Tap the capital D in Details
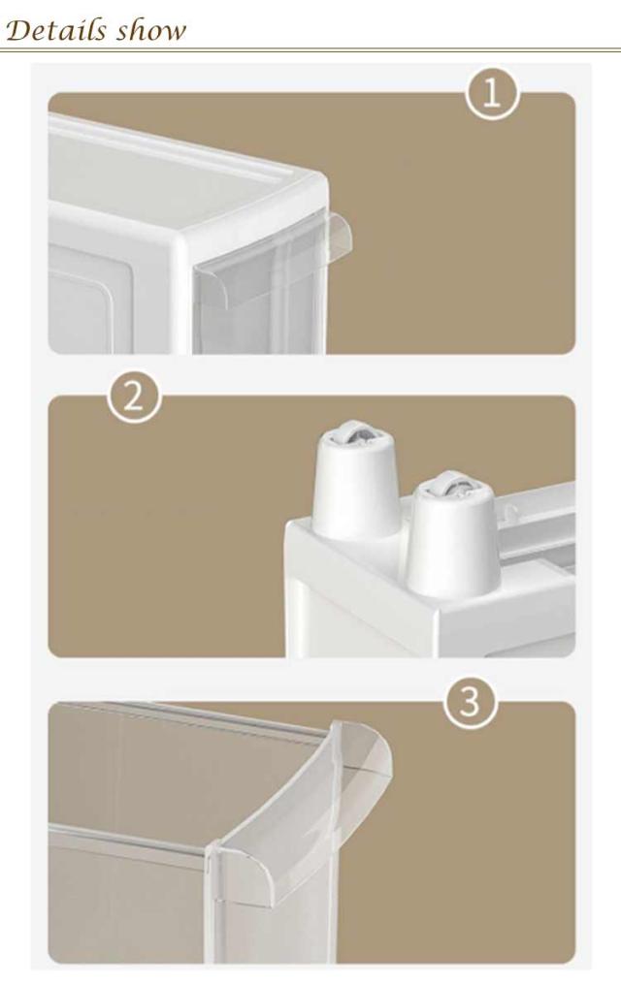point(17,30)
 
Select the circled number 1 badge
point(492,95)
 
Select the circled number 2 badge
point(134,397)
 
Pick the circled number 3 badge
point(471,702)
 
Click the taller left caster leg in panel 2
point(356,480)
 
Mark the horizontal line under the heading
point(310,49)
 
